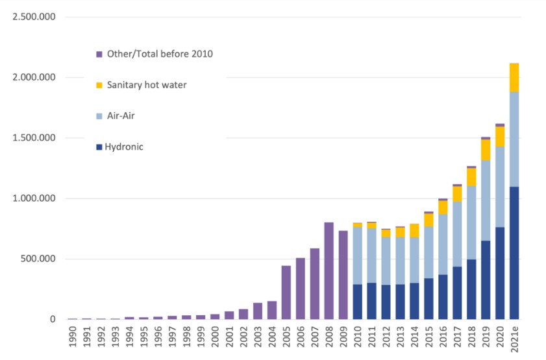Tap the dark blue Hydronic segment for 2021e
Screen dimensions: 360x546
click(x=514, y=253)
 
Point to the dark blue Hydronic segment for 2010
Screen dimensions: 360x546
click(x=357, y=302)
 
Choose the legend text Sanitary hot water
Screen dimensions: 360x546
click(x=146, y=85)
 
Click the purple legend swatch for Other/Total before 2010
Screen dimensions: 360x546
click(x=99, y=54)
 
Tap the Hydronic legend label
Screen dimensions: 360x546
click(x=125, y=147)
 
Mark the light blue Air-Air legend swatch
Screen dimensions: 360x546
click(x=99, y=116)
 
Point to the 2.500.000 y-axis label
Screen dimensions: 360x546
click(x=34, y=17)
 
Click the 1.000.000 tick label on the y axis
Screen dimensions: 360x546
click(x=34, y=198)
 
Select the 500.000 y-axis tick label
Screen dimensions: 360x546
click(x=39, y=259)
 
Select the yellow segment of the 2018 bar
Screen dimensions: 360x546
click(x=471, y=177)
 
